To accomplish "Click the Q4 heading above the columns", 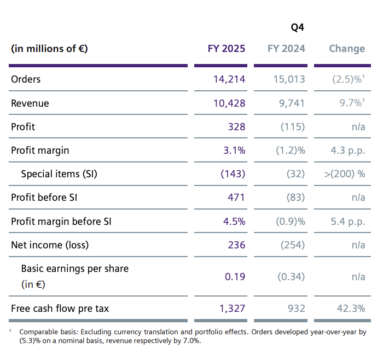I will coord(297,27).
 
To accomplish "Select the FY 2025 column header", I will coord(227,49).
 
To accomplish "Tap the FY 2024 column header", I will coord(286,49).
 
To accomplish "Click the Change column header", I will coord(347,49).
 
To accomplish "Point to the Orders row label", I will coord(26,79).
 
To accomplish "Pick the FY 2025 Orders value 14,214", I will coord(229,79).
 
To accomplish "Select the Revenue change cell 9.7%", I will coord(351,103).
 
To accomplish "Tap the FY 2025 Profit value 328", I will coord(236,127).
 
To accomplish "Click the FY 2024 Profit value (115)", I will coord(292,127).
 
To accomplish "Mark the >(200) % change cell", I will coord(345,174).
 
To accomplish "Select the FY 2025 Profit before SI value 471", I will coord(236,198).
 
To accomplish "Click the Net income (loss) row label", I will coord(50,245).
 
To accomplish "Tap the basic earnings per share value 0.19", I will coord(235,276).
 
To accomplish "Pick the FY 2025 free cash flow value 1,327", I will coord(233,309).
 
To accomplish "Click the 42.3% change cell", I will coord(351,309).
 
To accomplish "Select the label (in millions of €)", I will coord(49,49).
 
